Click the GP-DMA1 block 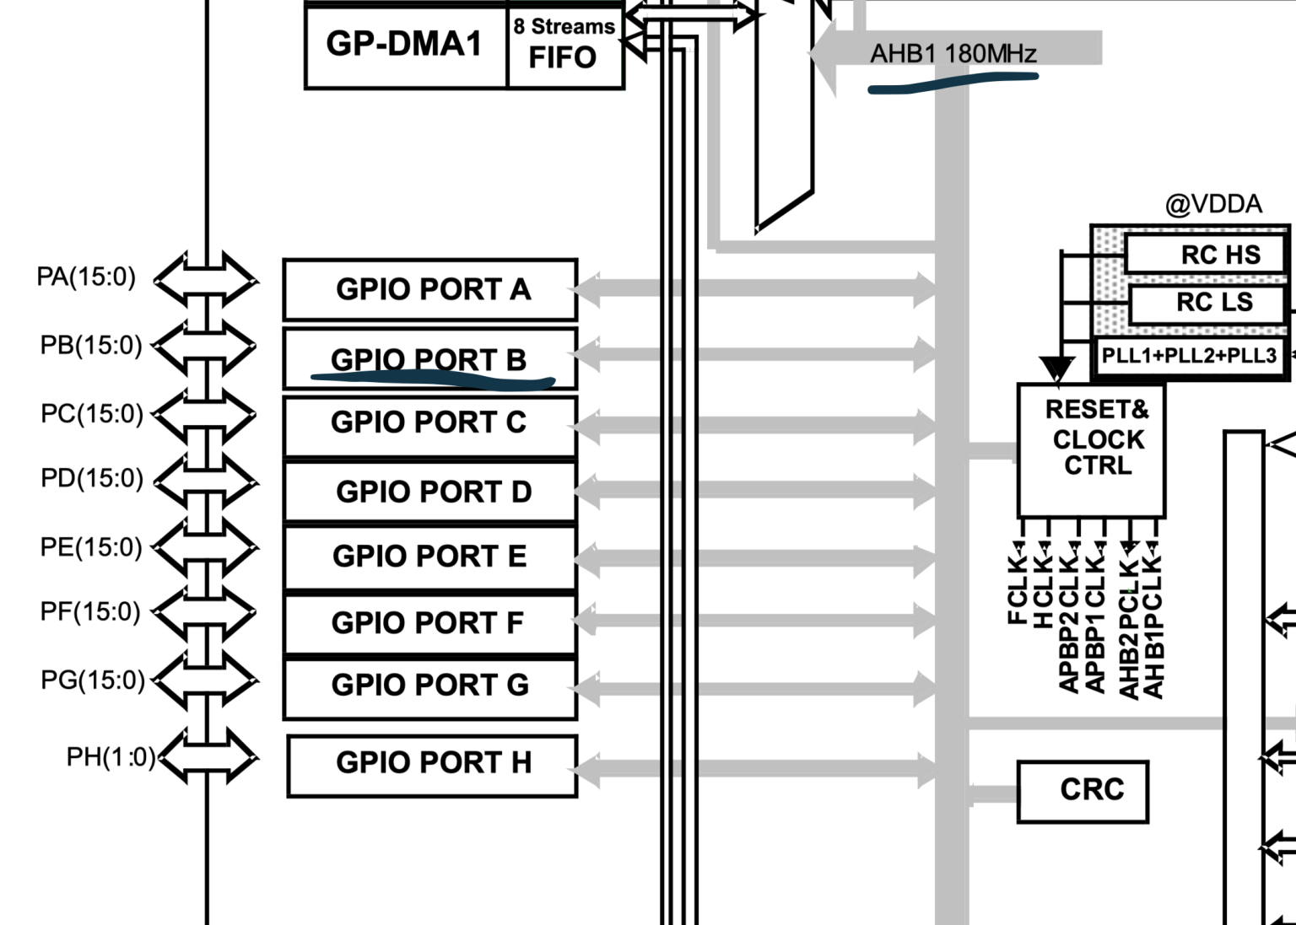click(x=404, y=45)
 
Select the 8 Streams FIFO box click(x=564, y=45)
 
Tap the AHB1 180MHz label click(x=953, y=54)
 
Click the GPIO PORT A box click(x=431, y=289)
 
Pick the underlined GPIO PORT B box click(x=429, y=359)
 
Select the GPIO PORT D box click(x=431, y=491)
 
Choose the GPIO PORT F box click(x=429, y=622)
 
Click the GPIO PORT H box click(x=432, y=762)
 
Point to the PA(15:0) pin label click(x=86, y=277)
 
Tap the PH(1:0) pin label click(x=111, y=756)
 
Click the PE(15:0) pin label click(x=91, y=546)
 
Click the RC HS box click(x=1208, y=254)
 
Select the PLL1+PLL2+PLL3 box click(x=1189, y=355)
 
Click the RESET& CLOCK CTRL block click(x=1092, y=449)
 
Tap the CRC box click(x=1083, y=790)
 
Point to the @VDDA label click(x=1213, y=204)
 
